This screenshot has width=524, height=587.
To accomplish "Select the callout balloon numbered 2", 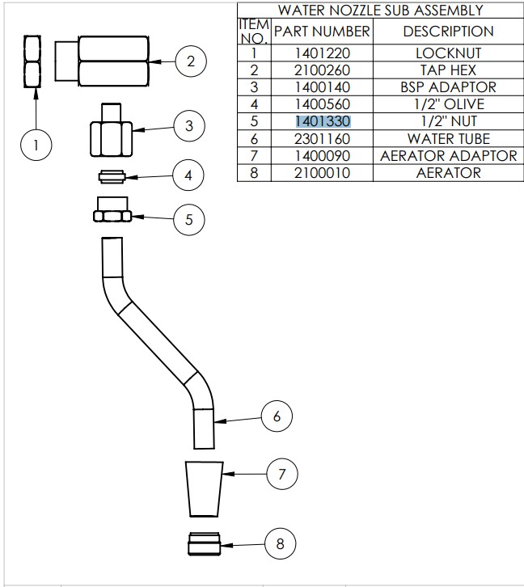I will (191, 61).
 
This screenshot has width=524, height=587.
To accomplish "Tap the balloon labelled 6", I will (276, 416).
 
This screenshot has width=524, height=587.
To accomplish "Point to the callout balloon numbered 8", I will (280, 543).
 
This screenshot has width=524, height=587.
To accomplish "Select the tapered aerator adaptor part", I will (204, 488).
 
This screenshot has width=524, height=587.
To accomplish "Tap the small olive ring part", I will (112, 175).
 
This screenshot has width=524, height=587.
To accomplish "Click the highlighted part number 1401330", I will (321, 121).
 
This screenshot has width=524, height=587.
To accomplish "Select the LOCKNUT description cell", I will (448, 53).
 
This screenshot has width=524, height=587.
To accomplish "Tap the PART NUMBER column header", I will (321, 32).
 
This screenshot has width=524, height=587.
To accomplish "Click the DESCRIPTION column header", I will (448, 32).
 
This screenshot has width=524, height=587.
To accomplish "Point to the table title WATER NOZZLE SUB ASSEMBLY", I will (379, 11).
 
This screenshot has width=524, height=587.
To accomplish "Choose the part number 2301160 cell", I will (321, 138).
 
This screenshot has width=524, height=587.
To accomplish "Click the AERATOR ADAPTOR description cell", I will (448, 155).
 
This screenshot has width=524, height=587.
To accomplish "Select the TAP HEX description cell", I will (448, 70).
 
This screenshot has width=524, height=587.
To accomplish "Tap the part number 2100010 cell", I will (321, 172).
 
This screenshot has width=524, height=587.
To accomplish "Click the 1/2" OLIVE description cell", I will (448, 104).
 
